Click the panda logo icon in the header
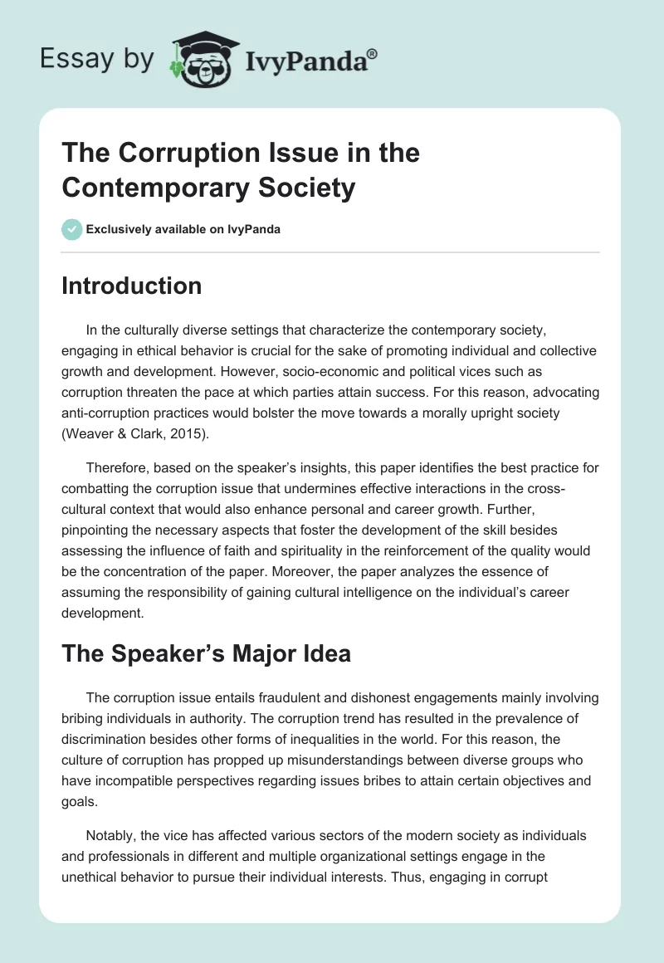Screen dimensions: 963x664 point(203,57)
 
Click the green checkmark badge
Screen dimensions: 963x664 point(72,229)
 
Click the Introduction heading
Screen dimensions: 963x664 point(132,286)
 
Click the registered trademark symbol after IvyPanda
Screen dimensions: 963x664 point(373,53)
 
